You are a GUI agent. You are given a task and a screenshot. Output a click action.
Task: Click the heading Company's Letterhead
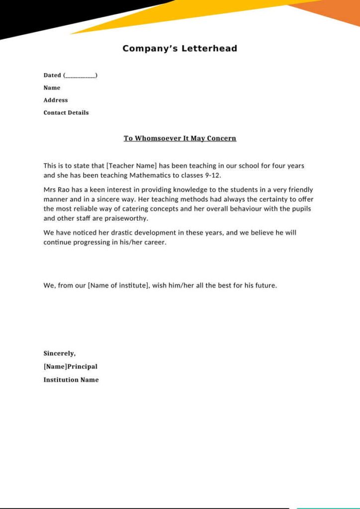[180, 49]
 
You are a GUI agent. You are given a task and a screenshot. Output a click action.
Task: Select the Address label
[55, 100]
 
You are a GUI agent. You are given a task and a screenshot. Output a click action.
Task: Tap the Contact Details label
[66, 112]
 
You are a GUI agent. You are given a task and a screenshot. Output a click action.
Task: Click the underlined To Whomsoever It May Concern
[180, 138]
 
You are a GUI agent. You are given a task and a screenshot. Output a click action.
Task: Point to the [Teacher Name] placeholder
[131, 166]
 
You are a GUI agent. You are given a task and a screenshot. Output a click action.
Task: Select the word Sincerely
[59, 353]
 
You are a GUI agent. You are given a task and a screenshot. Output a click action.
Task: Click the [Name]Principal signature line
[70, 366]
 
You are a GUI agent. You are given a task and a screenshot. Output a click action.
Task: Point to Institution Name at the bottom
[71, 380]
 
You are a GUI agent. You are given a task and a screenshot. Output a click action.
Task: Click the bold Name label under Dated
[52, 88]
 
